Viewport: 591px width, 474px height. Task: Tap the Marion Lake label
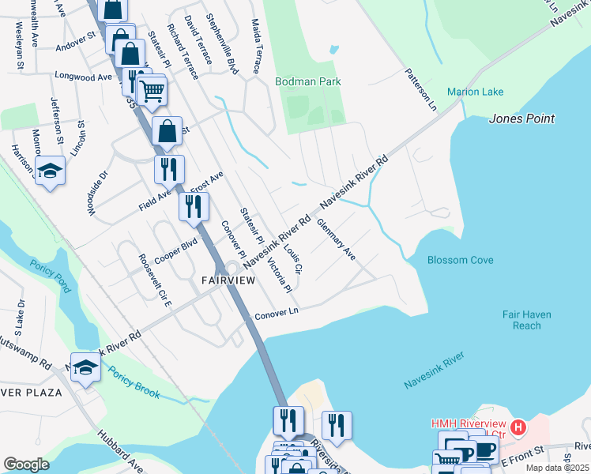click(475, 92)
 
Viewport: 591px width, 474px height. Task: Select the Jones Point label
click(521, 119)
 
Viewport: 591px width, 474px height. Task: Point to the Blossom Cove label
click(460, 260)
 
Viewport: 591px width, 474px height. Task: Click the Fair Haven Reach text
click(533, 320)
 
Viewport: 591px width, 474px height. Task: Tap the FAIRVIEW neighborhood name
click(228, 280)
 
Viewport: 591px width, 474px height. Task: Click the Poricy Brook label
click(134, 383)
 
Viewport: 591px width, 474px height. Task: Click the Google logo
click(26, 465)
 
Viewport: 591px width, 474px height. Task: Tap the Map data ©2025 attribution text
click(557, 468)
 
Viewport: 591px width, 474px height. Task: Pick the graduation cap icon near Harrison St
click(50, 171)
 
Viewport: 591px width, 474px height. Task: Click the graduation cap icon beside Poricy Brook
click(85, 367)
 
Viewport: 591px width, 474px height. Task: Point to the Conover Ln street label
click(275, 314)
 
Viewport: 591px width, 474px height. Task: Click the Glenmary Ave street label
click(336, 240)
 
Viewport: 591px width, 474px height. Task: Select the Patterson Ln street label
click(420, 87)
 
